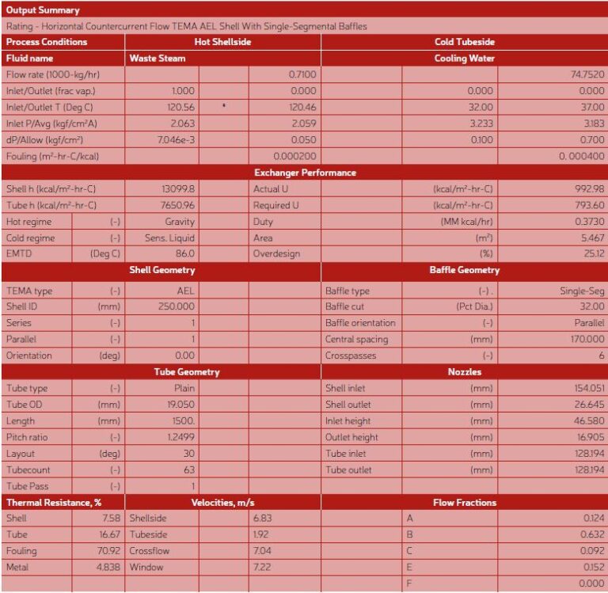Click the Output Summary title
(43, 10)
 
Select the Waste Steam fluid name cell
(158, 58)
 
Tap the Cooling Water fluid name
(465, 58)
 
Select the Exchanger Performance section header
(305, 173)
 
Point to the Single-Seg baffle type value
(582, 291)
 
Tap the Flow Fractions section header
(465, 503)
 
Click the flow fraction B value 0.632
(593, 534)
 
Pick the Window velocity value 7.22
(261, 568)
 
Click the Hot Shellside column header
(222, 42)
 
